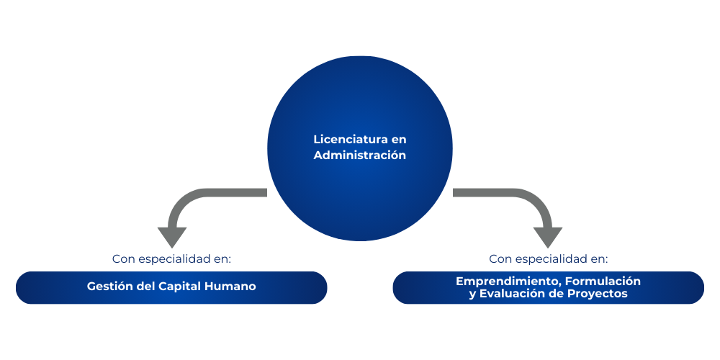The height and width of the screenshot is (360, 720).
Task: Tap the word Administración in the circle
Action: click(x=359, y=156)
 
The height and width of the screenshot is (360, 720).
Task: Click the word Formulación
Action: click(x=603, y=281)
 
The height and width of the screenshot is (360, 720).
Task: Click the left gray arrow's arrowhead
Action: click(x=172, y=236)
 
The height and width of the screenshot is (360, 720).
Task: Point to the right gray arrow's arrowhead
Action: click(x=548, y=236)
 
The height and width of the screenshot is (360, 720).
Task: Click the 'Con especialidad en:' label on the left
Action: click(x=172, y=259)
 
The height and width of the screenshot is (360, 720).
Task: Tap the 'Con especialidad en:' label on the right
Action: click(x=548, y=259)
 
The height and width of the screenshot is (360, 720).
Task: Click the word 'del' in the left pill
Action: click(x=145, y=286)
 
